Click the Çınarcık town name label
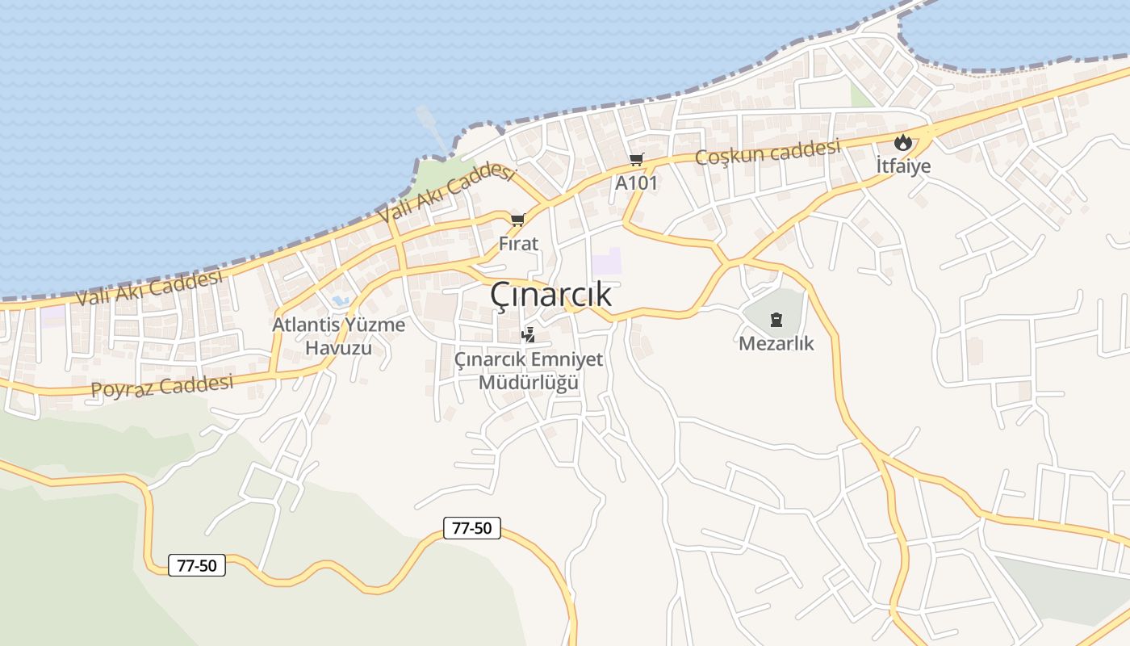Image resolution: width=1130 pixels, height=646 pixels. tap(550, 296)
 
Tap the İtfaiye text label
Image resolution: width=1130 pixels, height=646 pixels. tap(903, 166)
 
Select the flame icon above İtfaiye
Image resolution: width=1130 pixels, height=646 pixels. tap(902, 143)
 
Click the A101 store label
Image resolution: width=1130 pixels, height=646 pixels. tap(636, 183)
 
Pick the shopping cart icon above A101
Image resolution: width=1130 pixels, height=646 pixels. tap(637, 159)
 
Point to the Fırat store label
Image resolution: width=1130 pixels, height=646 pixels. tap(518, 243)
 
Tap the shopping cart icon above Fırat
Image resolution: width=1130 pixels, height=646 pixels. tap(518, 220)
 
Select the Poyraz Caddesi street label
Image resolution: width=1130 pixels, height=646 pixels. tap(161, 386)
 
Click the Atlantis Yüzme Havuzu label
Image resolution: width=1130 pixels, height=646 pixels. tap(338, 336)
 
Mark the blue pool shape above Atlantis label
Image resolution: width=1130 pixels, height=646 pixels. tap(341, 301)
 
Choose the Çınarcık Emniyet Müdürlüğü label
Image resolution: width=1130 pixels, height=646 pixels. tap(529, 371)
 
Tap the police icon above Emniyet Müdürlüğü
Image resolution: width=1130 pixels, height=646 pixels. tap(529, 333)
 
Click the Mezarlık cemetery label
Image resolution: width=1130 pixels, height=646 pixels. tap(776, 343)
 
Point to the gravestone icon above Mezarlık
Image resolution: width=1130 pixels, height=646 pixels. tap(776, 320)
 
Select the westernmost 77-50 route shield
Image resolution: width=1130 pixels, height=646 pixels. tap(197, 565)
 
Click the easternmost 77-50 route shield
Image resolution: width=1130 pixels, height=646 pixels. tap(472, 528)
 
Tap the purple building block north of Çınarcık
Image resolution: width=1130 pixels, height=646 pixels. tap(607, 262)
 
